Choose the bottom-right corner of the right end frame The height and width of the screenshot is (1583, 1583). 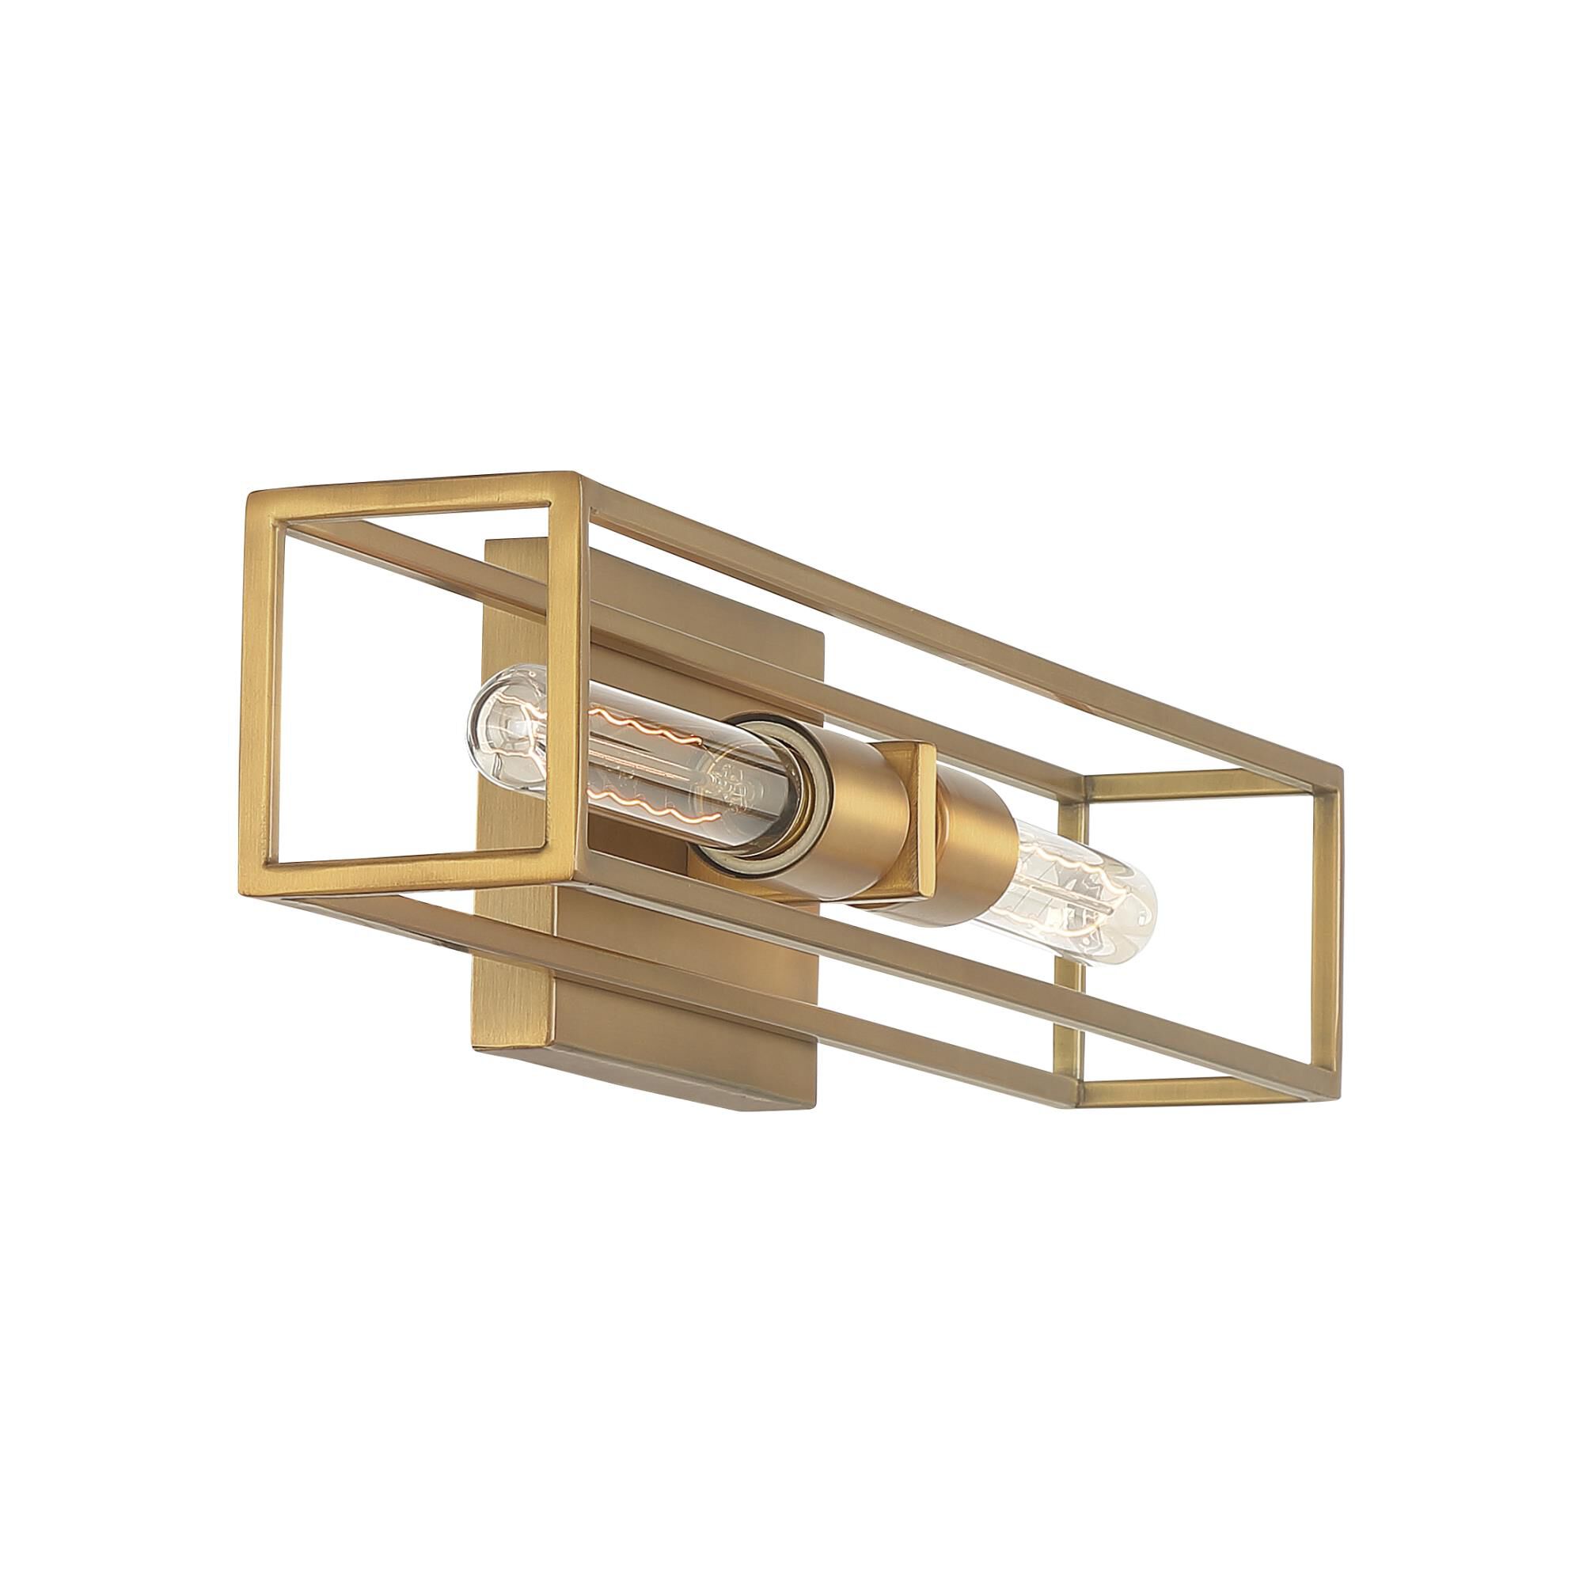1335,1094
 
